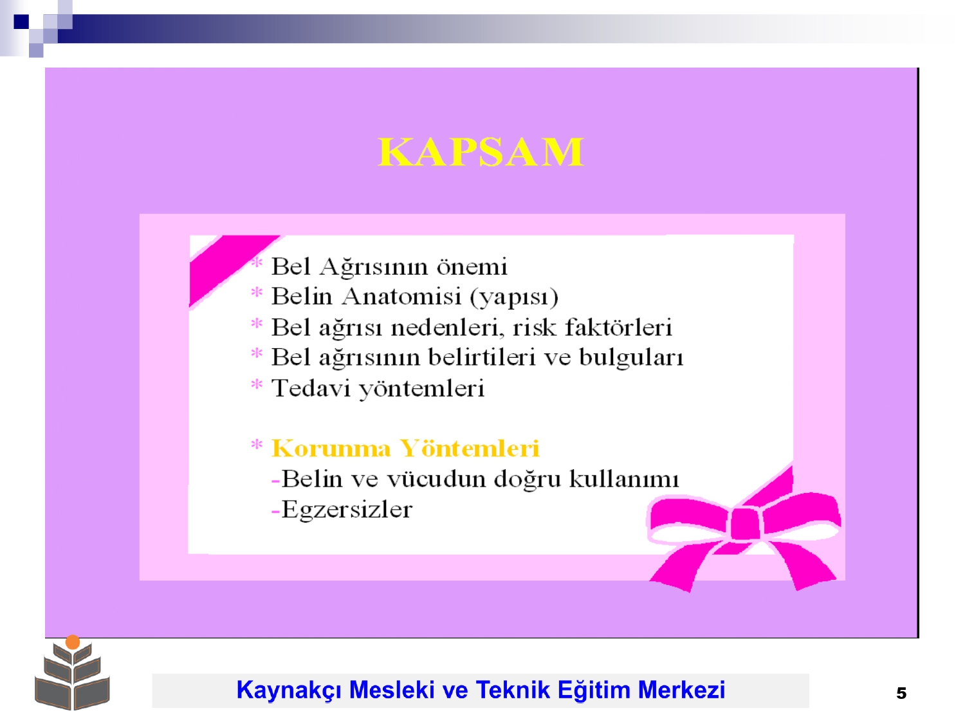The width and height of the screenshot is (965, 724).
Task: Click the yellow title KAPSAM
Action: click(x=481, y=152)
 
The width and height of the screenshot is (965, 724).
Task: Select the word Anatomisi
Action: click(x=401, y=296)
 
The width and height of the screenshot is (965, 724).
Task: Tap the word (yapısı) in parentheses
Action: click(x=514, y=297)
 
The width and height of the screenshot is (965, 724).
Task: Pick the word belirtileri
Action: click(x=482, y=357)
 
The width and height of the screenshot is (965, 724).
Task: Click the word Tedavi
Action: click(x=310, y=387)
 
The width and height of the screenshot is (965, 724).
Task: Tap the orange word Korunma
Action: click(x=331, y=449)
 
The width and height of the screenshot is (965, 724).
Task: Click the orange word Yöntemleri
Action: click(x=469, y=448)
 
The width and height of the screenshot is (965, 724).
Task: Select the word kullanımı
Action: click(x=624, y=479)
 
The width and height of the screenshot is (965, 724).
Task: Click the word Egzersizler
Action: click(x=346, y=510)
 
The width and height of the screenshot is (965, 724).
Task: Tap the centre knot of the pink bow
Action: click(x=745, y=524)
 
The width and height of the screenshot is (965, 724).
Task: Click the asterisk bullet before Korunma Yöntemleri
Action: click(x=256, y=445)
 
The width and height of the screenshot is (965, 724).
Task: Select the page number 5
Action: click(x=901, y=693)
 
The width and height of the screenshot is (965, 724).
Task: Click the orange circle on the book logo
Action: click(x=73, y=642)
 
